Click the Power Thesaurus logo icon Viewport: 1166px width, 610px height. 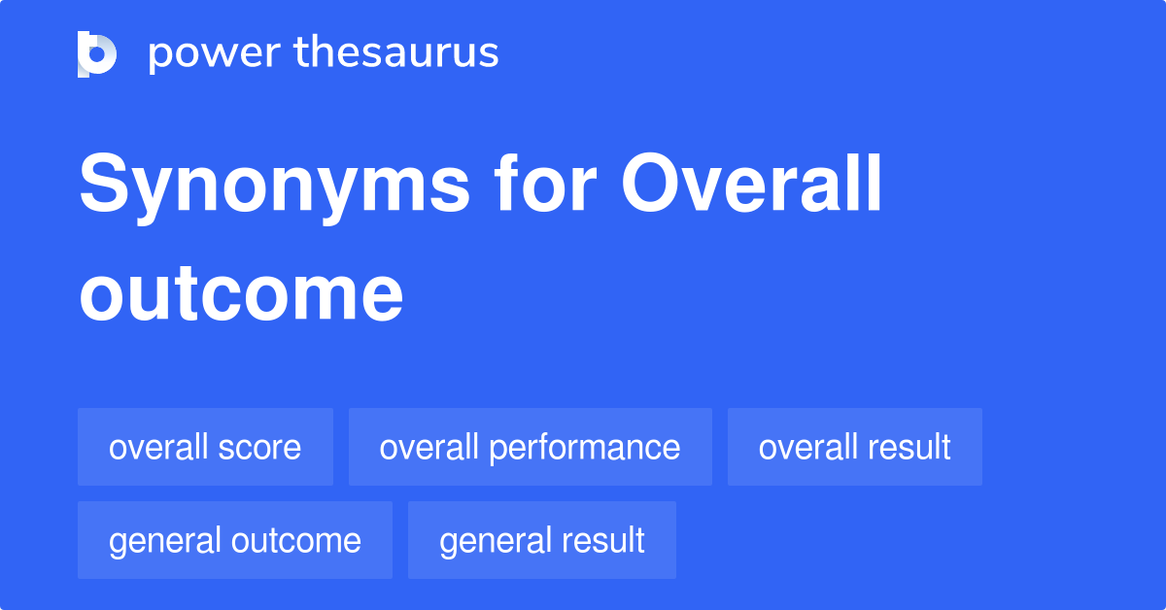(x=97, y=54)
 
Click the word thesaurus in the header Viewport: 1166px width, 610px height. (x=396, y=51)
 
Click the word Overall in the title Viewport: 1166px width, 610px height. (x=751, y=183)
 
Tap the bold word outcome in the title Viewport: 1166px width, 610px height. (x=241, y=293)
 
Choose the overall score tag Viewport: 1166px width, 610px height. (x=206, y=447)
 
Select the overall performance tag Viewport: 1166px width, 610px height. (x=531, y=447)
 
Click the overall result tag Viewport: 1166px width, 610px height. (x=855, y=447)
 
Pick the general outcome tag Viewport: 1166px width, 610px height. (x=235, y=540)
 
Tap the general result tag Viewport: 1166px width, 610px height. (x=542, y=540)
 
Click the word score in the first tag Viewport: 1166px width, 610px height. (x=259, y=447)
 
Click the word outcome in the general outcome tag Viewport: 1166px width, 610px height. (x=296, y=540)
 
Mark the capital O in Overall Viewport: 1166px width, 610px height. (x=652, y=183)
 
